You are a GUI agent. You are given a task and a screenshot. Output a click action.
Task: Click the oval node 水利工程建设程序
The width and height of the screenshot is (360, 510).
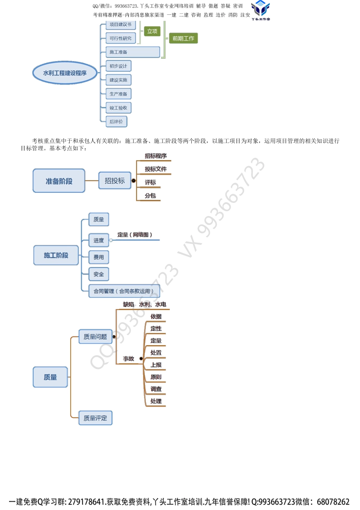pyautogui.click(x=65, y=73)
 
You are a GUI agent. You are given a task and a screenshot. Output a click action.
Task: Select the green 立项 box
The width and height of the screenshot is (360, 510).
pyautogui.click(x=152, y=31)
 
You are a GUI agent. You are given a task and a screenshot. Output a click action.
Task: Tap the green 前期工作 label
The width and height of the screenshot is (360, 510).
pyautogui.click(x=183, y=38)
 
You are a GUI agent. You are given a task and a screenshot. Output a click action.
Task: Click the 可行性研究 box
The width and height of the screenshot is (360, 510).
pyautogui.click(x=121, y=38)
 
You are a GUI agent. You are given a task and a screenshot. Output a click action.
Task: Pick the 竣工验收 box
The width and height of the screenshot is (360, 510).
pyautogui.click(x=118, y=108)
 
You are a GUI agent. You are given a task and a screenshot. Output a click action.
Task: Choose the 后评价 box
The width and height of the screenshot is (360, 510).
pyautogui.click(x=116, y=122)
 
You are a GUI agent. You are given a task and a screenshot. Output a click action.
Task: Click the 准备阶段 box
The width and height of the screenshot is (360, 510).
pyautogui.click(x=59, y=181)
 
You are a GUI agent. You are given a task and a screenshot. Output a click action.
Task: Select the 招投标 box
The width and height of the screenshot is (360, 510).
pyautogui.click(x=114, y=181)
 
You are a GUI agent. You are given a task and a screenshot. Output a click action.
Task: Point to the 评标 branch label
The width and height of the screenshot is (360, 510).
pyautogui.click(x=150, y=182)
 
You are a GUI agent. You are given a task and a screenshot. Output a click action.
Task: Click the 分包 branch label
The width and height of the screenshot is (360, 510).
pyautogui.click(x=150, y=196)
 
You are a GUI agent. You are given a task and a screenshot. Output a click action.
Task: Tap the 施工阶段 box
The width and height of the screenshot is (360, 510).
pyautogui.click(x=56, y=255)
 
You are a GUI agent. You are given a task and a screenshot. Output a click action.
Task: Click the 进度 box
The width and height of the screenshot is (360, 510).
pyautogui.click(x=99, y=240)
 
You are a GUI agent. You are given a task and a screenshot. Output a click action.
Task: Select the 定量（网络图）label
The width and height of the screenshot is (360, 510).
pyautogui.click(x=135, y=235)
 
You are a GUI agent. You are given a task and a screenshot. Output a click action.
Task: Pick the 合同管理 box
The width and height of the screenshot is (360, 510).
pyautogui.click(x=124, y=291)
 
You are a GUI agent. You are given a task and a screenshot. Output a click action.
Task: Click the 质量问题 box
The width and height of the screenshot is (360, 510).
pyautogui.click(x=95, y=337)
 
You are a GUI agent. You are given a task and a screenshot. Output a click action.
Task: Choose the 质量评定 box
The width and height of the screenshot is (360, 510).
pyautogui.click(x=95, y=418)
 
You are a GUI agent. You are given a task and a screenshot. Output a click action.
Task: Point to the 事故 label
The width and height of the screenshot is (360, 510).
pyautogui.click(x=128, y=358)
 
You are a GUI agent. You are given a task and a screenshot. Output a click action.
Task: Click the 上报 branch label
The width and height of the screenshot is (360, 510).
pyautogui.click(x=156, y=365)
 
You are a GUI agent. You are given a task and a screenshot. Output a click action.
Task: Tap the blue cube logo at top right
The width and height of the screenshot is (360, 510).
pyautogui.click(x=260, y=9)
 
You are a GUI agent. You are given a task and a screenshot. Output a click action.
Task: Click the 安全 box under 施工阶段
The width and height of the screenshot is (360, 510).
pyautogui.click(x=99, y=274)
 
